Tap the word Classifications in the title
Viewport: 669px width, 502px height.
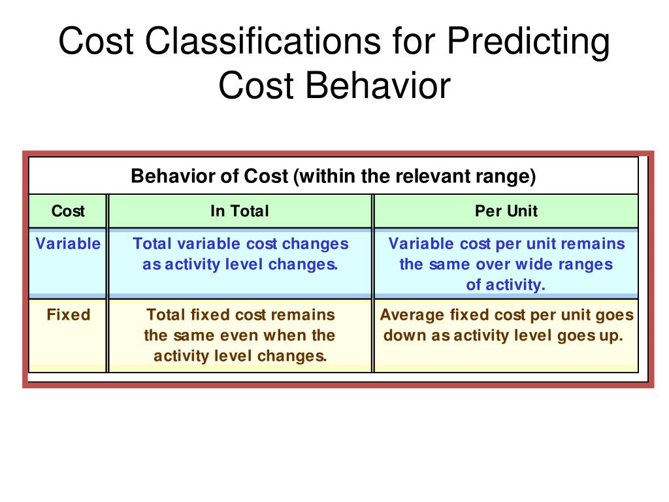(x=261, y=42)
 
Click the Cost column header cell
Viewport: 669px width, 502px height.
(x=68, y=211)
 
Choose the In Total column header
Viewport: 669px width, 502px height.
(x=239, y=211)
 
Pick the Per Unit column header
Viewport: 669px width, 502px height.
(x=506, y=211)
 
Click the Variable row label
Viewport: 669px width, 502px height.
(x=68, y=244)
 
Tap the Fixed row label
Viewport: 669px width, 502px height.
(x=68, y=314)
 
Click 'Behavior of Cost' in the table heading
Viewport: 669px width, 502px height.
(x=210, y=176)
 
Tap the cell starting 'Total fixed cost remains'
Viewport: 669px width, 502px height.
(x=240, y=335)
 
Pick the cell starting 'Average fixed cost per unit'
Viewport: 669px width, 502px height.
(x=506, y=325)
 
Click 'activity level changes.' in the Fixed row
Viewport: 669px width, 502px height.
(x=240, y=356)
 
